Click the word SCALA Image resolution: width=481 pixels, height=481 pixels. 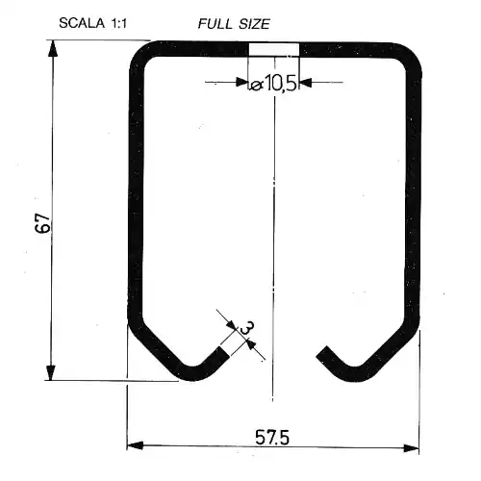82,23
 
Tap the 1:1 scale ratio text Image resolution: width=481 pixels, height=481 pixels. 118,23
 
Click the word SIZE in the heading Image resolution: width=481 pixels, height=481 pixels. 255,24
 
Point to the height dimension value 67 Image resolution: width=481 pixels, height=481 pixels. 43,222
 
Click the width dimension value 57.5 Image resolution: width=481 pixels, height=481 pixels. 272,437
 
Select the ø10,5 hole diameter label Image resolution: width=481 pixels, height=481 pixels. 273,85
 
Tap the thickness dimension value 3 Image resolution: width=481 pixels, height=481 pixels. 247,328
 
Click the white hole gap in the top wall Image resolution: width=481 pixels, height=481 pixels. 274,49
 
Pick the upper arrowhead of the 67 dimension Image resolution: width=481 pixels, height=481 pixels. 53,48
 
